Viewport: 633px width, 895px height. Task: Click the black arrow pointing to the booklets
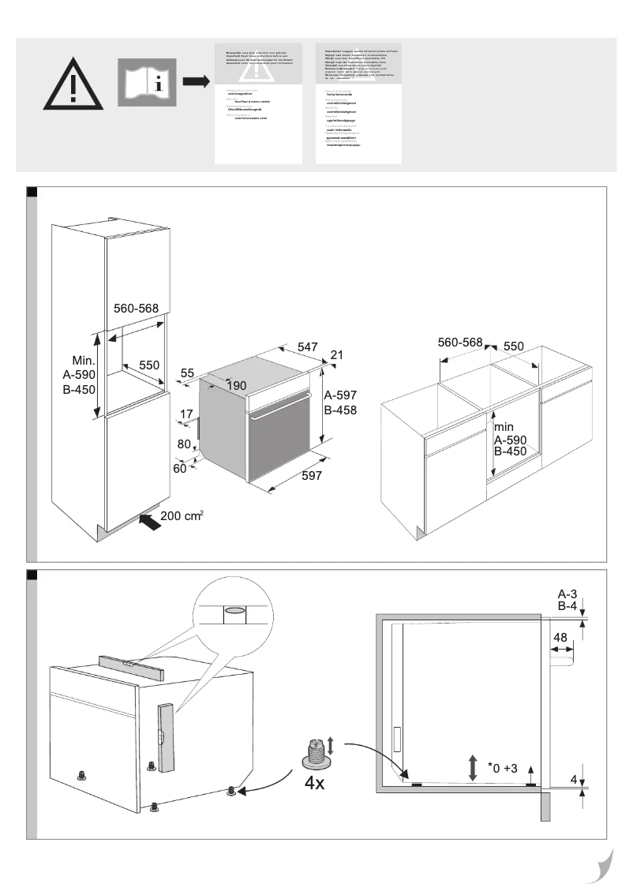click(x=195, y=81)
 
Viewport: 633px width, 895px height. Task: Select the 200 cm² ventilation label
click(x=182, y=516)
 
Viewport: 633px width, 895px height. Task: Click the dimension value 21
click(x=337, y=356)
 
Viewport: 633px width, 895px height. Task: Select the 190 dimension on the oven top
click(x=238, y=385)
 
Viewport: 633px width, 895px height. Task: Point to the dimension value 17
click(x=185, y=414)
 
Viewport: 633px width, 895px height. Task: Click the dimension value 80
click(x=184, y=444)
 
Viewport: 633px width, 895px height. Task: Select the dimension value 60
click(x=181, y=469)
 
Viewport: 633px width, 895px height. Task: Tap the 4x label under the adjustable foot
click(x=314, y=784)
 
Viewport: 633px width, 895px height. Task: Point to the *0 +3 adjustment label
click(x=502, y=768)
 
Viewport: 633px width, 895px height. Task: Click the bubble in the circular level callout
click(x=234, y=610)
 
